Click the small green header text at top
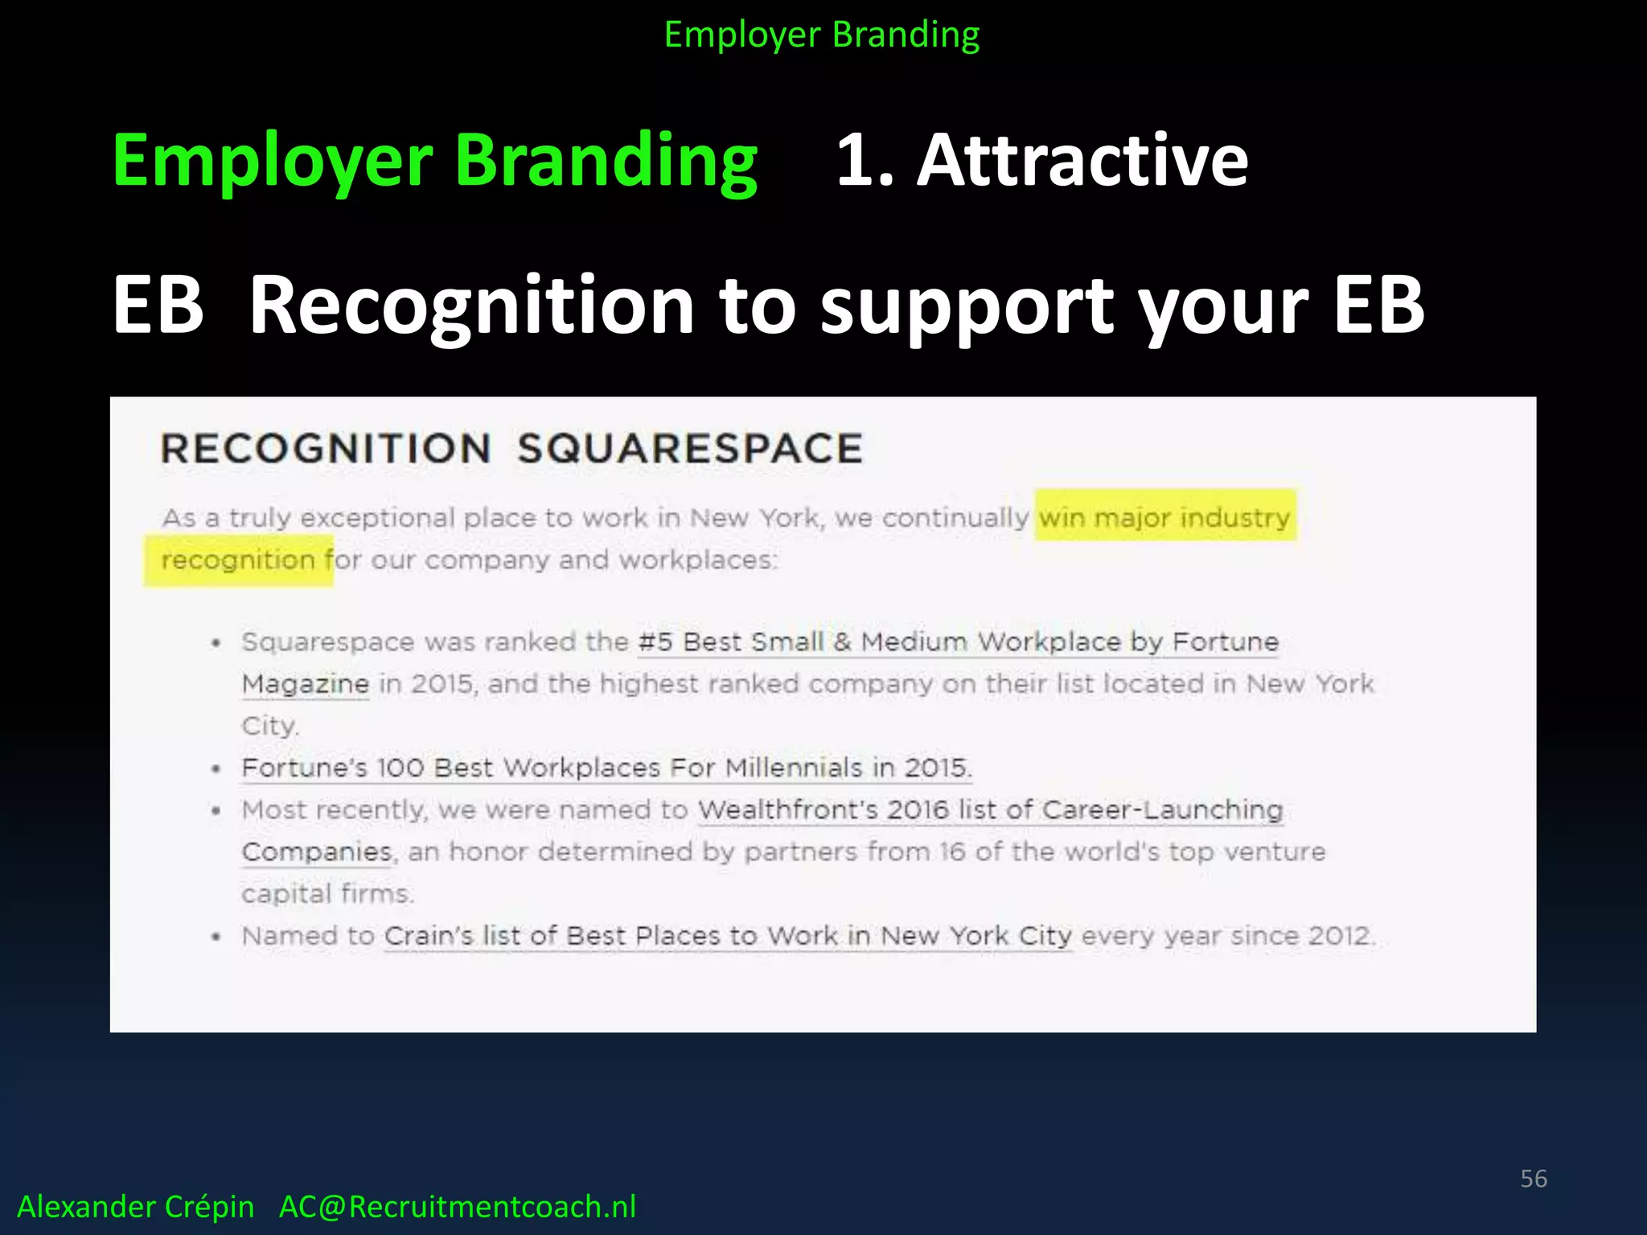pyautogui.click(x=821, y=35)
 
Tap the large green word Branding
pyautogui.click(x=606, y=161)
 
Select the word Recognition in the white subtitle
pyautogui.click(x=471, y=306)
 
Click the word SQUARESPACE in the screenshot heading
pyautogui.click(x=689, y=449)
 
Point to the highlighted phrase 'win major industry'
pyautogui.click(x=1164, y=517)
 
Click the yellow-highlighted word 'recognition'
pyautogui.click(x=238, y=560)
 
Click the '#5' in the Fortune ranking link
pyautogui.click(x=655, y=642)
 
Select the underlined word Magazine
pyautogui.click(x=306, y=684)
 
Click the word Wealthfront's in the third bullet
pyautogui.click(x=787, y=810)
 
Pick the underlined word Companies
pyautogui.click(x=317, y=851)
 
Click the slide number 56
pyautogui.click(x=1533, y=1179)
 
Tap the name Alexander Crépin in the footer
pyautogui.click(x=135, y=1207)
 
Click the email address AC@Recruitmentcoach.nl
pyautogui.click(x=457, y=1207)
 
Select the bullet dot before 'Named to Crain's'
pyautogui.click(x=216, y=937)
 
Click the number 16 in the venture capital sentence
pyautogui.click(x=951, y=851)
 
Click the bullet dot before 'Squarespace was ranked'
pyautogui.click(x=216, y=643)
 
